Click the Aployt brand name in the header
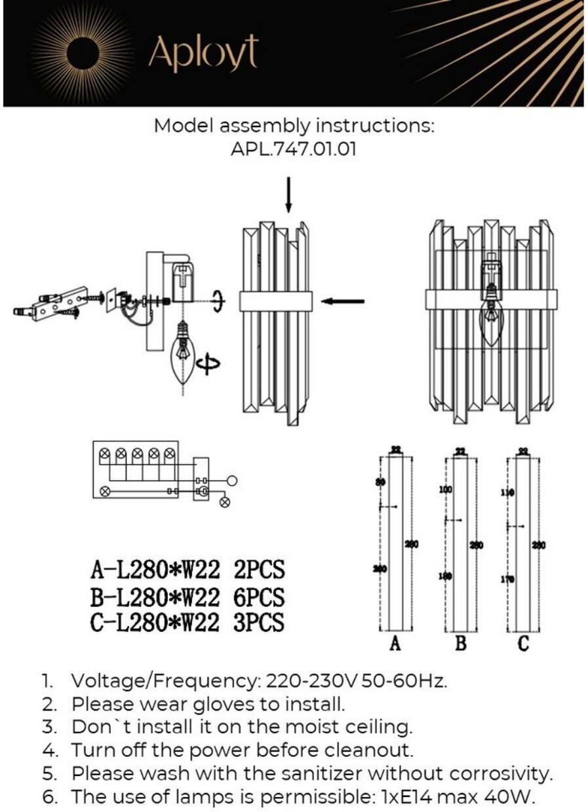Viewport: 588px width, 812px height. point(203,53)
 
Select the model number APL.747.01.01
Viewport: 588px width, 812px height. point(294,149)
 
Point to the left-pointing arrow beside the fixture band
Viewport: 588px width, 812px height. point(343,301)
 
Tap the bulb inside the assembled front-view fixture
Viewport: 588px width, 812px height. point(490,321)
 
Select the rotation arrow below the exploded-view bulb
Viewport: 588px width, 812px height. point(208,365)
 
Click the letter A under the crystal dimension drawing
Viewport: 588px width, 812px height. point(395,644)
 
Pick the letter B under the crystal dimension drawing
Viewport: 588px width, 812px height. point(460,644)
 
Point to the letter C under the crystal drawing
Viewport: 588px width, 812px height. point(522,644)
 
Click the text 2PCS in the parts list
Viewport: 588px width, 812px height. point(259,570)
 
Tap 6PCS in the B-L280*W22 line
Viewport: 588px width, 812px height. point(259,597)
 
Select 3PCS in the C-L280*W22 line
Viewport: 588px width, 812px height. point(259,622)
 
